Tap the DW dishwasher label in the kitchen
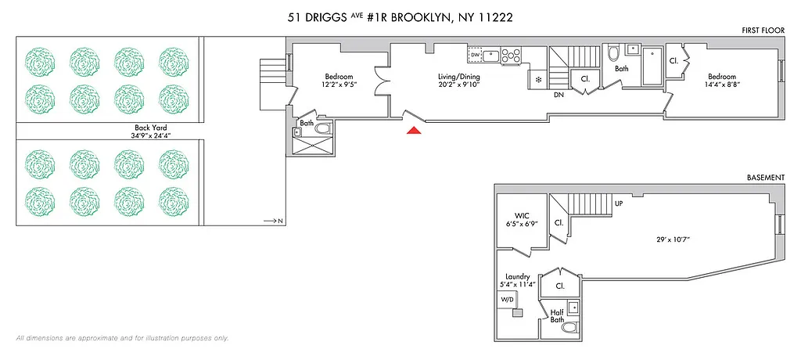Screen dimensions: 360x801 coord(475,55)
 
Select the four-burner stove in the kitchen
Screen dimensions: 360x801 coord(511,55)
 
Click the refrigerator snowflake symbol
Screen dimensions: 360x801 coord(537,80)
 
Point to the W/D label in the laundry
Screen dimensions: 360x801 coord(507,299)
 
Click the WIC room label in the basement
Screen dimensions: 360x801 coord(523,215)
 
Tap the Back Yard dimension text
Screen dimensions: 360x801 coord(149,135)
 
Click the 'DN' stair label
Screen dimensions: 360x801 coord(559,95)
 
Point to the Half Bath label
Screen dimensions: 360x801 coord(557,316)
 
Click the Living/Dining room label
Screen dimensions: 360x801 coord(458,76)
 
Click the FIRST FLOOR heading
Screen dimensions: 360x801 coord(763,29)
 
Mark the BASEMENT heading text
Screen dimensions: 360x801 coord(765,178)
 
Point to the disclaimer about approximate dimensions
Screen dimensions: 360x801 coord(122,338)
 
